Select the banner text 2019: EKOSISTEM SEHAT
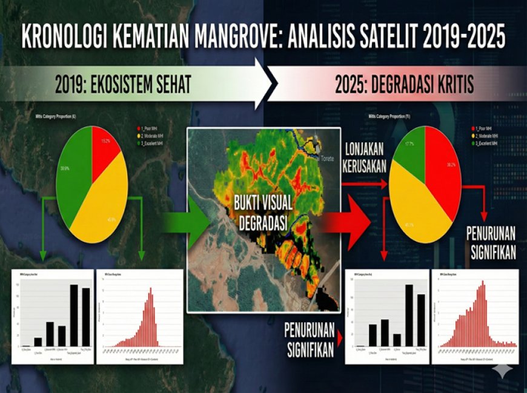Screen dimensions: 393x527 pyautogui.click(x=123, y=84)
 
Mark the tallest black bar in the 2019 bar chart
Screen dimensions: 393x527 pyautogui.click(x=74, y=315)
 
